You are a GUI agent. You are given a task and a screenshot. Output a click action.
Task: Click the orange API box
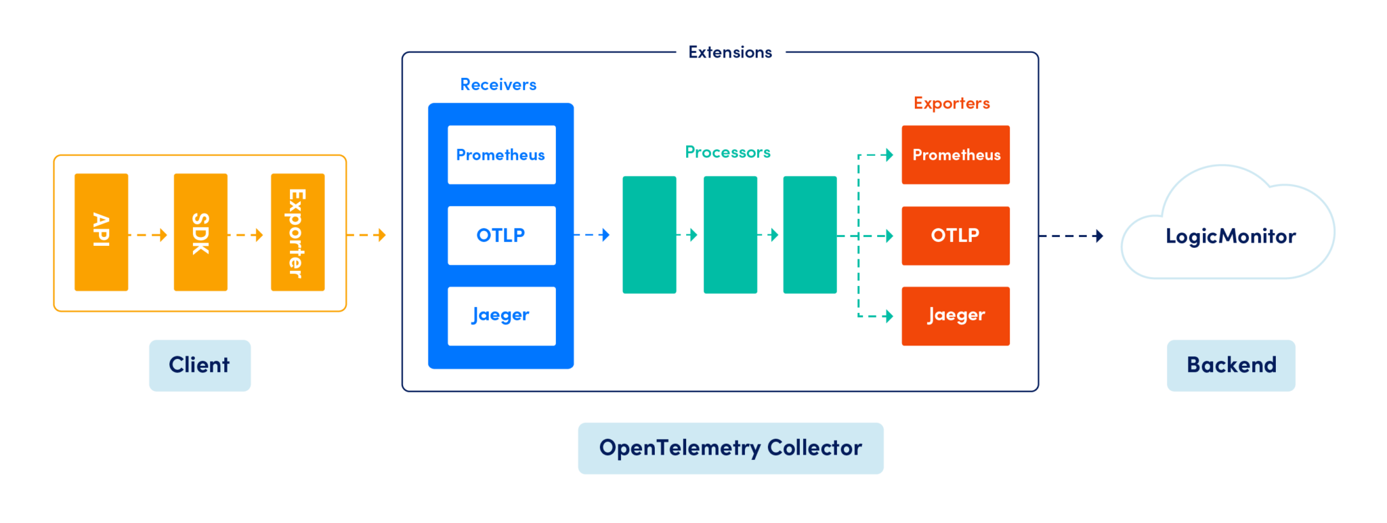click(101, 232)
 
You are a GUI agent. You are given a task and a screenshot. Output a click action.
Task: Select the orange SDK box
click(200, 232)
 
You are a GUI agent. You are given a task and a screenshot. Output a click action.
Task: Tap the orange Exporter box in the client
click(297, 232)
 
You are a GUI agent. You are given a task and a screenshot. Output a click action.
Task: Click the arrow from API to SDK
click(149, 235)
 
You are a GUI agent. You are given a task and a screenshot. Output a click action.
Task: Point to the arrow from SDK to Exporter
click(247, 235)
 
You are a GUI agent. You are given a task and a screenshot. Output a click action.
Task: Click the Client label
click(200, 365)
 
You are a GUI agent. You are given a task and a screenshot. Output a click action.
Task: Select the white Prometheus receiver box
click(501, 154)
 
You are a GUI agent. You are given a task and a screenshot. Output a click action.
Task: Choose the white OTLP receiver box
click(501, 235)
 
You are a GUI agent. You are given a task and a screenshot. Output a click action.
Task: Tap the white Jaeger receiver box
click(501, 316)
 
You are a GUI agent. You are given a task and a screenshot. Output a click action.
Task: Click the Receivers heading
click(498, 85)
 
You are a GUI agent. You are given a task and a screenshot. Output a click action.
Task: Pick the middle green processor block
click(730, 234)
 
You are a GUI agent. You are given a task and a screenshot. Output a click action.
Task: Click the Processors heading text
click(727, 152)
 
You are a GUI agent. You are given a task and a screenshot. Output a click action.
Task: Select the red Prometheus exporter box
click(956, 154)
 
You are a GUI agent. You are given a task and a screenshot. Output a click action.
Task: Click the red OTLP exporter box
click(956, 235)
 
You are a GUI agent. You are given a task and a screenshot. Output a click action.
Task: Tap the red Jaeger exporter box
click(956, 316)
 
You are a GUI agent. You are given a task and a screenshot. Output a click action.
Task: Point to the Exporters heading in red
click(952, 104)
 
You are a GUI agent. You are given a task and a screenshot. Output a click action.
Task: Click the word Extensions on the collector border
click(730, 52)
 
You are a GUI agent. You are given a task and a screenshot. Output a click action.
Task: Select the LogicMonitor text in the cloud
click(1231, 236)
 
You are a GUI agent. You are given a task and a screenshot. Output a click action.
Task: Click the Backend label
click(1231, 365)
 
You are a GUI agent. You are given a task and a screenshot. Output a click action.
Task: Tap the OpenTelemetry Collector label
click(730, 448)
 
